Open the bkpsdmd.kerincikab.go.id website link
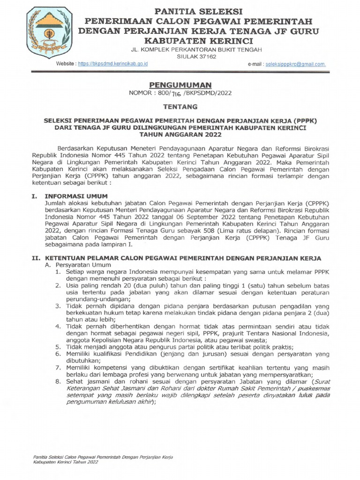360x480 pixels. point(113,63)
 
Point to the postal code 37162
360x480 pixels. point(206,56)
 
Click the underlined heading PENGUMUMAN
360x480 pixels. point(180,85)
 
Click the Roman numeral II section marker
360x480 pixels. point(36,258)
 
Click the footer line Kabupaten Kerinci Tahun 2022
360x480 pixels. point(66,462)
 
